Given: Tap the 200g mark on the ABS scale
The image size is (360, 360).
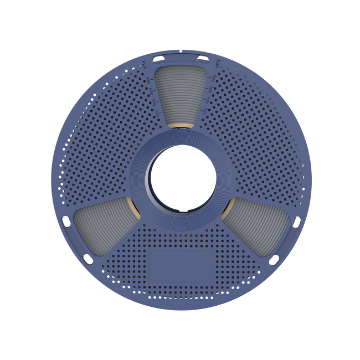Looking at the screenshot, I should [x=203, y=112].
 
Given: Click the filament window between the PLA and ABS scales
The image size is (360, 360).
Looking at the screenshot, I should [x=180, y=94].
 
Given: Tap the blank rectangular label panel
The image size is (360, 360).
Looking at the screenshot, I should [x=181, y=264].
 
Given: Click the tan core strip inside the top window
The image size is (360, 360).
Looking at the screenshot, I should [x=180, y=126].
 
